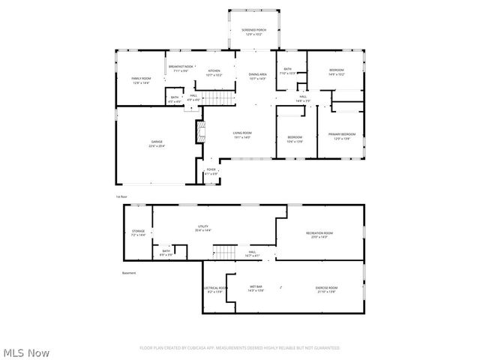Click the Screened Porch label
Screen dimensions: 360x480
coord(254,31)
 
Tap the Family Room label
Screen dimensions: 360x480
coord(142,80)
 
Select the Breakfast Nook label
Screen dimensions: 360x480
coord(180,69)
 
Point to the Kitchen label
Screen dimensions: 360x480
coord(214,73)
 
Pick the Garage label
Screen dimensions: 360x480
coord(157,144)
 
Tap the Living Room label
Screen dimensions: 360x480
coord(241,134)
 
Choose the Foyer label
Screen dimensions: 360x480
coord(211,172)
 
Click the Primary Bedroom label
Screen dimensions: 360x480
coord(342,136)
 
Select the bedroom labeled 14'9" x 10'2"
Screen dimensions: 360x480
coord(336,72)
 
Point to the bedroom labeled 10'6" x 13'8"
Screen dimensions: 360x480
coord(295,139)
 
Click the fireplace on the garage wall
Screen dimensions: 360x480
coord(200,132)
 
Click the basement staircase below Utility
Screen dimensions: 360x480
coord(224,252)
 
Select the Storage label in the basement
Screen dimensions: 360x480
coord(139,232)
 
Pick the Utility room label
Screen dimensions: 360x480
coord(202,229)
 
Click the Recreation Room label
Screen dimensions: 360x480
coord(319,235)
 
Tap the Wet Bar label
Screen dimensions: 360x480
coord(256,289)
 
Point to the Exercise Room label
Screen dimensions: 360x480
coord(326,289)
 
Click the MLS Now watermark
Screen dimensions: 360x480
coord(25,351)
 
